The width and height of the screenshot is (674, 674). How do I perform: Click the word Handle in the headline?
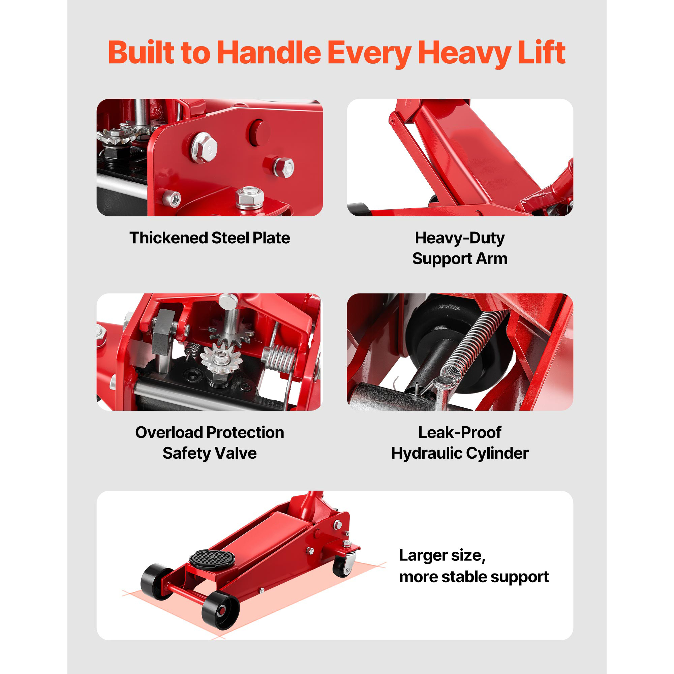click(x=269, y=53)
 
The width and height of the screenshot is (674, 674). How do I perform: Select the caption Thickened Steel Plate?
click(x=210, y=238)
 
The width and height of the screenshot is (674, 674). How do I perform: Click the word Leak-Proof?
click(x=460, y=433)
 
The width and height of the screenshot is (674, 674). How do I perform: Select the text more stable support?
click(x=474, y=577)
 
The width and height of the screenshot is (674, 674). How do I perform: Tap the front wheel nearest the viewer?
click(x=220, y=610)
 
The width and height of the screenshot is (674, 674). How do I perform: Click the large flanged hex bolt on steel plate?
click(x=204, y=148)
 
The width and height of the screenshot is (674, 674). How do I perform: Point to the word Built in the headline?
click(x=141, y=53)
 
